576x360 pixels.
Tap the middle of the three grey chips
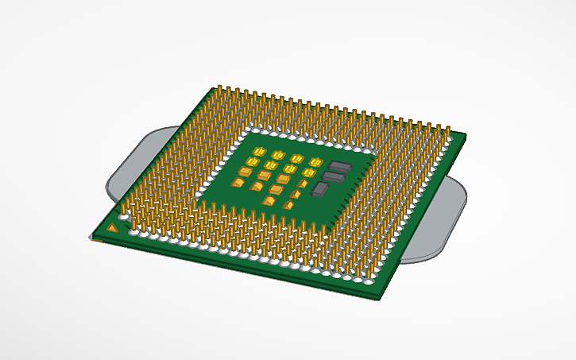[333, 177]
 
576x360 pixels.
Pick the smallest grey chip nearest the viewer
[321, 189]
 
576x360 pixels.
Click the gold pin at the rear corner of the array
[218, 88]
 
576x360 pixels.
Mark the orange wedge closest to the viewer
[288, 204]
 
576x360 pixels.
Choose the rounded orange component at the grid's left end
[238, 182]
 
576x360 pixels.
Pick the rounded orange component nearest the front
[268, 200]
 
